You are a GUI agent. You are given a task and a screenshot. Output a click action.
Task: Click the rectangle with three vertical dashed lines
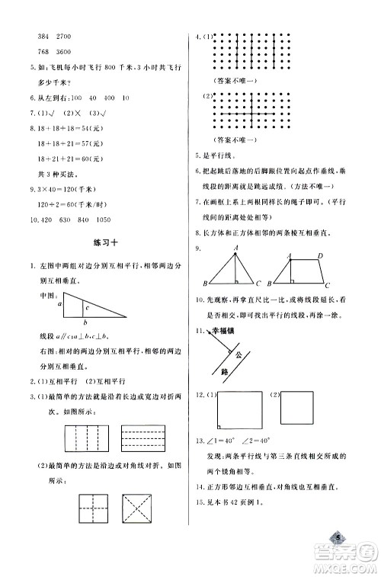tap(72, 440)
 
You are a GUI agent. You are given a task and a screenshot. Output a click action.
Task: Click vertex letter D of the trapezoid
tap(321, 256)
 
